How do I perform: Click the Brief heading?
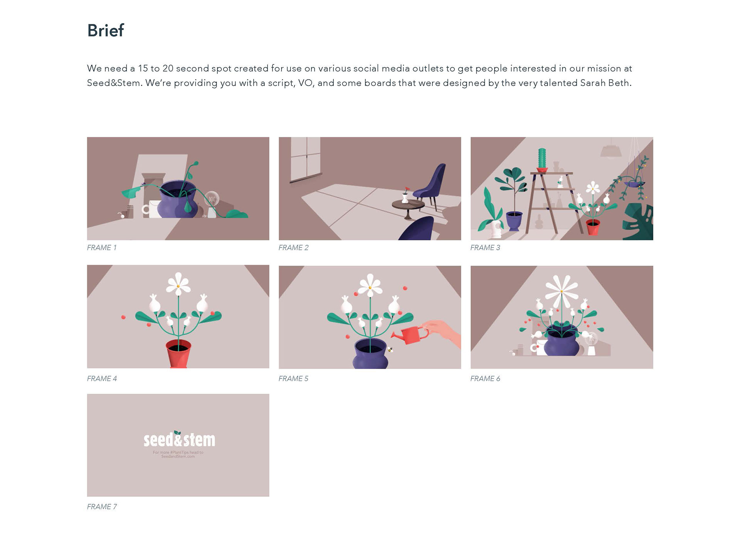click(x=105, y=31)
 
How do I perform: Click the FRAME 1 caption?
click(x=101, y=248)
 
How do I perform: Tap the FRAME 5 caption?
click(x=293, y=379)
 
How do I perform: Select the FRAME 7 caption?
click(x=102, y=507)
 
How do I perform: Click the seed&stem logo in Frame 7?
click(x=179, y=439)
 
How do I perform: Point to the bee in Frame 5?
click(x=390, y=349)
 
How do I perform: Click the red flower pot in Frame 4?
click(x=178, y=353)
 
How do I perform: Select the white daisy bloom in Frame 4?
click(x=178, y=284)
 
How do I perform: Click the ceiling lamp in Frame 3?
click(x=611, y=151)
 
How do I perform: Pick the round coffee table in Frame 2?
click(x=408, y=205)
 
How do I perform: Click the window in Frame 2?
click(x=305, y=159)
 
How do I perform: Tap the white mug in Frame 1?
click(x=153, y=209)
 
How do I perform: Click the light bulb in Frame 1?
click(x=212, y=199)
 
